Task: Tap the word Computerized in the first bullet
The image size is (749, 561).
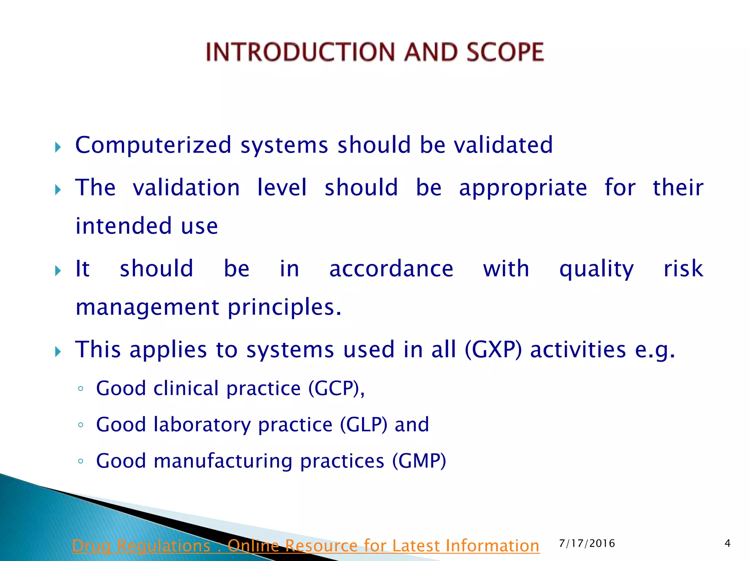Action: (x=153, y=145)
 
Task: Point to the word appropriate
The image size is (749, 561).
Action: (x=523, y=188)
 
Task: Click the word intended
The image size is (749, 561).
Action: (x=123, y=226)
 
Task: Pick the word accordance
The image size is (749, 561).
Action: (x=391, y=269)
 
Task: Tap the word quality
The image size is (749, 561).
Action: (x=596, y=270)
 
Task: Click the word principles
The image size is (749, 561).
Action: (x=285, y=308)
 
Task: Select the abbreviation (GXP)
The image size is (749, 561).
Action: (x=493, y=350)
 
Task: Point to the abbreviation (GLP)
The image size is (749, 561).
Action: (x=364, y=425)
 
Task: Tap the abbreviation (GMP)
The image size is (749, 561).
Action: (x=419, y=461)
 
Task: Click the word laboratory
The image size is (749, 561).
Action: (x=202, y=425)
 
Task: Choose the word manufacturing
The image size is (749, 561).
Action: (x=223, y=461)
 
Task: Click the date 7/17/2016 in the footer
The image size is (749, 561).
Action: (x=587, y=543)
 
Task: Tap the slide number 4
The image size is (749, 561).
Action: (x=727, y=543)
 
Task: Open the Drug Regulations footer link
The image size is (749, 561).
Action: (x=306, y=546)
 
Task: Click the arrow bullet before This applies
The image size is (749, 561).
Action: (x=58, y=352)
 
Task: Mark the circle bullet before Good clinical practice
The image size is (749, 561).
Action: (x=81, y=389)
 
